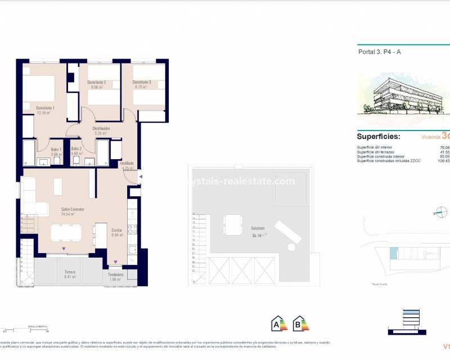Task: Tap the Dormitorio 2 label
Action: click(97, 83)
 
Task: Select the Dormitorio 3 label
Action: click(142, 83)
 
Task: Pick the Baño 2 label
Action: click(77, 149)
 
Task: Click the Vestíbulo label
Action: click(127, 163)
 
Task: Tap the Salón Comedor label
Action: click(73, 209)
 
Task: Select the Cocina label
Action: click(116, 230)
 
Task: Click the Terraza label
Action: click(70, 271)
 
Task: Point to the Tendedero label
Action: click(116, 274)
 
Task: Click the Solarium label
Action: click(259, 228)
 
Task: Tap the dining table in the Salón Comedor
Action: click(66, 232)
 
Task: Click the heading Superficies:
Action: click(379, 137)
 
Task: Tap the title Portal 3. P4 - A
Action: click(380, 52)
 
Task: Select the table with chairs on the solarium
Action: click(231, 224)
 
